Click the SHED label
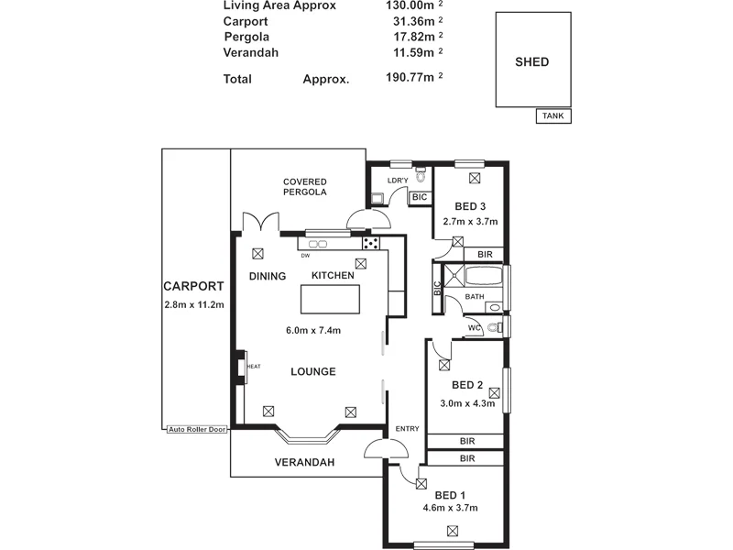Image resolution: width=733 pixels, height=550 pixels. (x=531, y=62)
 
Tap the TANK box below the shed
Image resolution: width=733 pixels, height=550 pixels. (x=553, y=116)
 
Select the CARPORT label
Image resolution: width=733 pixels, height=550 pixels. (x=193, y=286)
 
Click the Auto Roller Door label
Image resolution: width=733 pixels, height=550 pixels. (x=197, y=429)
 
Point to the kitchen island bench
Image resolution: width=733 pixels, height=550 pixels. (x=331, y=299)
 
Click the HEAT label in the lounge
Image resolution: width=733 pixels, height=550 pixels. (x=254, y=367)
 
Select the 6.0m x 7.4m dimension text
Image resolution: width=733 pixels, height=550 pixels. (x=313, y=331)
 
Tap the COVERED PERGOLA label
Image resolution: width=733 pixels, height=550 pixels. (x=305, y=187)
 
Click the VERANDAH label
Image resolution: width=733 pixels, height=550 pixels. (x=304, y=463)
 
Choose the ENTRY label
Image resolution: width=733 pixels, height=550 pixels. (x=407, y=429)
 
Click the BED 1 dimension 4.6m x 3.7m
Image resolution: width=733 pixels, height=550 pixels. (x=450, y=508)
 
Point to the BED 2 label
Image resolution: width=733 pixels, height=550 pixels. (x=467, y=385)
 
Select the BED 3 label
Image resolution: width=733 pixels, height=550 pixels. (x=470, y=205)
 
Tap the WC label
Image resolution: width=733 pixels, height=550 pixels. (x=475, y=327)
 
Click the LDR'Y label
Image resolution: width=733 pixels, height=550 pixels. (x=397, y=181)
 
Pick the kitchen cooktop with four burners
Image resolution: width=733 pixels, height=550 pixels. (x=372, y=243)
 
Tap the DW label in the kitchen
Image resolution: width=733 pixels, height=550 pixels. (x=305, y=256)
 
